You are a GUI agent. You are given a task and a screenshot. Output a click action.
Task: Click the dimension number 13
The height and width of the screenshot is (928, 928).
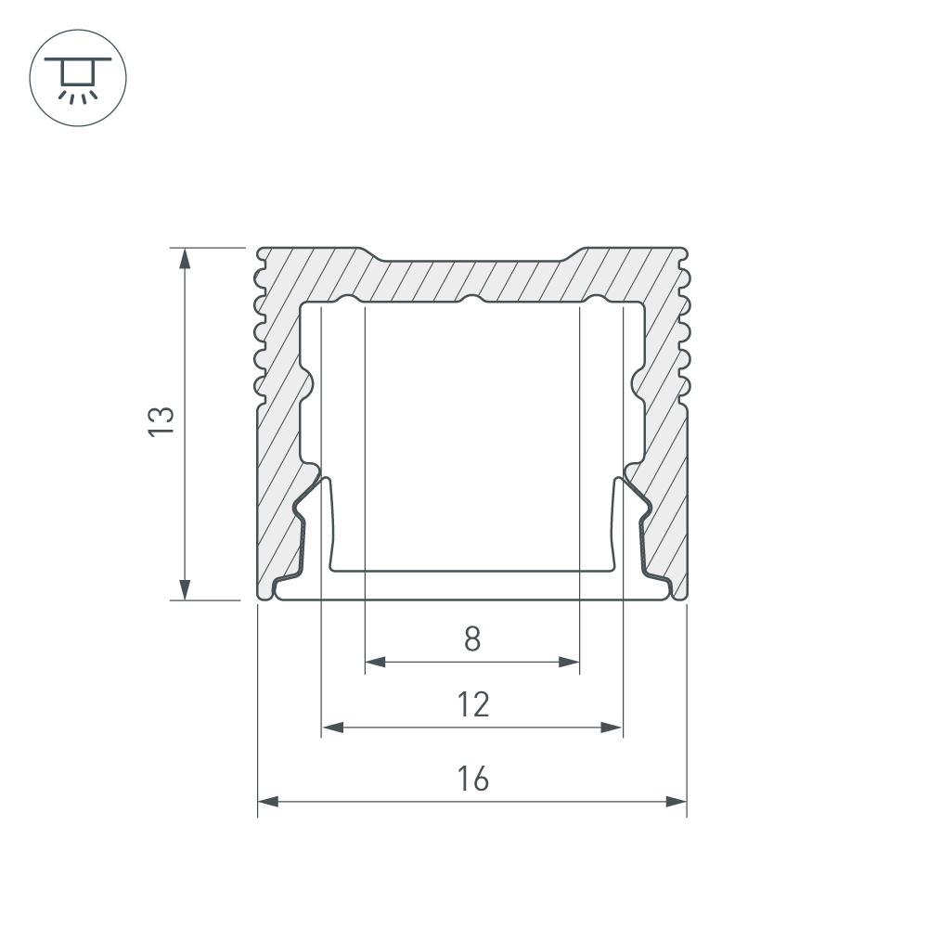161,421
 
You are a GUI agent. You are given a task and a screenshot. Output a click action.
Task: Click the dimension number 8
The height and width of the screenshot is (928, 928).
472,639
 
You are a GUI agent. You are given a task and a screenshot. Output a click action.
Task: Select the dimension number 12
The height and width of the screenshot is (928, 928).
473,704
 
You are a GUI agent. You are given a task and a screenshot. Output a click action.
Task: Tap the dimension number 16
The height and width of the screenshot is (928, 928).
473,779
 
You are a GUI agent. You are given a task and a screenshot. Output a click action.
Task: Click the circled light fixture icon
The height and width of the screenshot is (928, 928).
78,78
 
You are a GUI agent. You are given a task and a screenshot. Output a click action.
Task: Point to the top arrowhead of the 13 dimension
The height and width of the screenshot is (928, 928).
185,258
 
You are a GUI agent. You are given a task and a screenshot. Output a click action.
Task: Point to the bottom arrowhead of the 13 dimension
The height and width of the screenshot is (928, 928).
185,589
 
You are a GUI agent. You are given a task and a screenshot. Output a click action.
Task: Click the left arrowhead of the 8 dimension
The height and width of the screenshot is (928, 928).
375,662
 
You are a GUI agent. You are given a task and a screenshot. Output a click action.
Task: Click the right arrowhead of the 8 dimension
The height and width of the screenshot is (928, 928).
569,662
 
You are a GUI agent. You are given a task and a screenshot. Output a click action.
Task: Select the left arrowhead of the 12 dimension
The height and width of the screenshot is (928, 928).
332,727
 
